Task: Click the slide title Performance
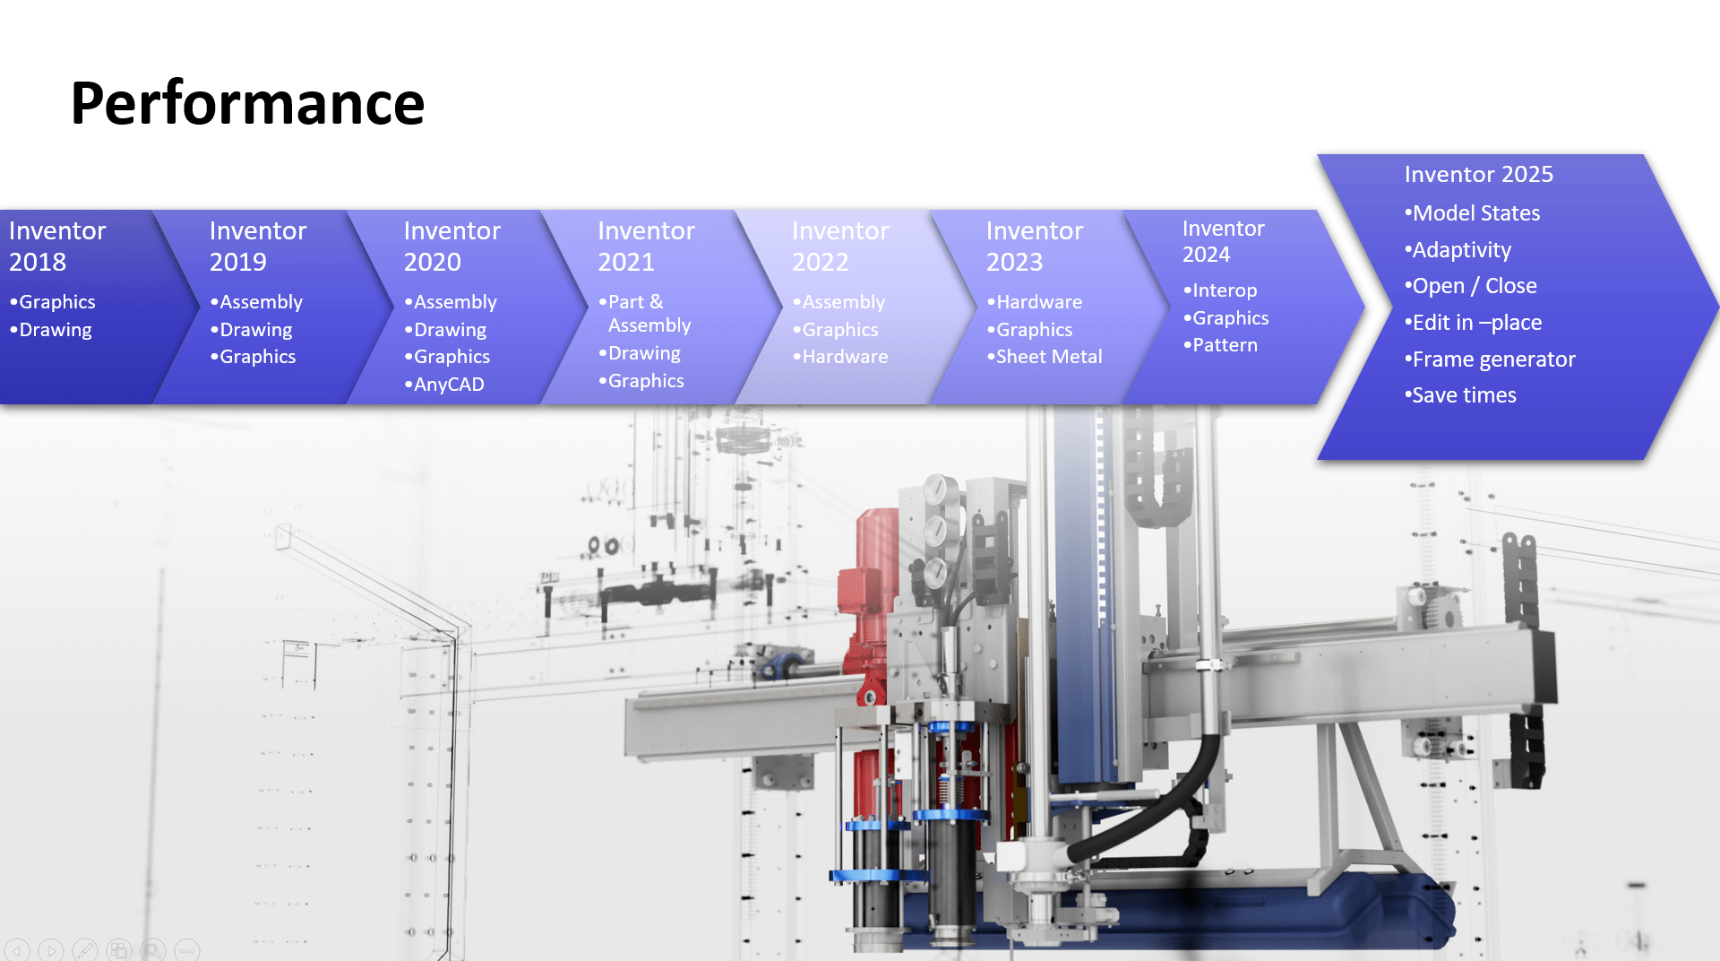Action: (247, 103)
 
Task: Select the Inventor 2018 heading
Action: (57, 246)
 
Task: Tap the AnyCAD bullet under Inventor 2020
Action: (444, 385)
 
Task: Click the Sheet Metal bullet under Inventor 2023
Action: (1045, 357)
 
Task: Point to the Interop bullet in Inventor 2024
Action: (1220, 290)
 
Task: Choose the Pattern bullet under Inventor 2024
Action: (1220, 345)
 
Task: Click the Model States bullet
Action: (1472, 213)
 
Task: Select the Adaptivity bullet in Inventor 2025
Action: (1458, 250)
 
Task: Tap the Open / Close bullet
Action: (1470, 286)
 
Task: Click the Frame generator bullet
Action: (1490, 359)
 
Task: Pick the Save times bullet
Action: (1460, 395)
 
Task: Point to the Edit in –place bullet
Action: (1473, 323)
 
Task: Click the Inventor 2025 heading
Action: (1478, 174)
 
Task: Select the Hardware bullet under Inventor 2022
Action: (840, 357)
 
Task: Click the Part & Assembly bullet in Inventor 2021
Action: (645, 314)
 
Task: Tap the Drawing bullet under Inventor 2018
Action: (50, 330)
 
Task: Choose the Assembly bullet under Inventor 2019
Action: (256, 302)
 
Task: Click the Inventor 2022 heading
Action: (840, 246)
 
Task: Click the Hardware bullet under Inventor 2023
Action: (1034, 302)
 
